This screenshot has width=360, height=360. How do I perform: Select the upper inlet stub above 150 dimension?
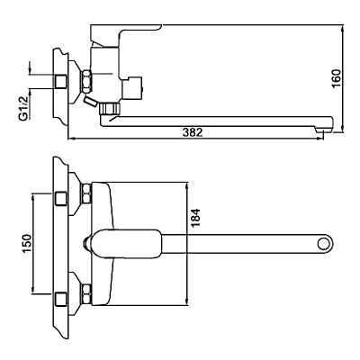[62, 196]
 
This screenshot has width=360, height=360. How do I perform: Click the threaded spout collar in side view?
[110, 108]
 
